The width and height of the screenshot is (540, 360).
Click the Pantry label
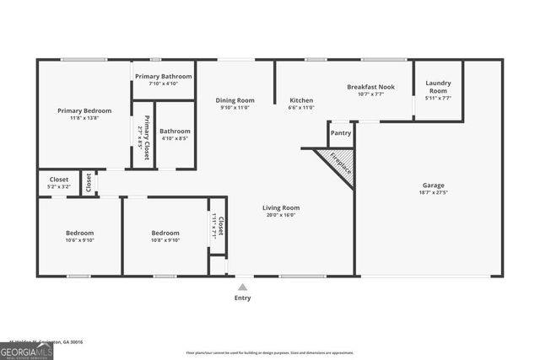[341, 132]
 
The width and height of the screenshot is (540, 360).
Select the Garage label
[434, 185]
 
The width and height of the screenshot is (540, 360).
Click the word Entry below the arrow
[242, 298]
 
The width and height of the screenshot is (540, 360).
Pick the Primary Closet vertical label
[146, 137]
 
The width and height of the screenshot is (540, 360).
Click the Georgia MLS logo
[26, 349]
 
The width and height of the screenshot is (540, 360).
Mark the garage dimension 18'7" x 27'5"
[434, 193]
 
